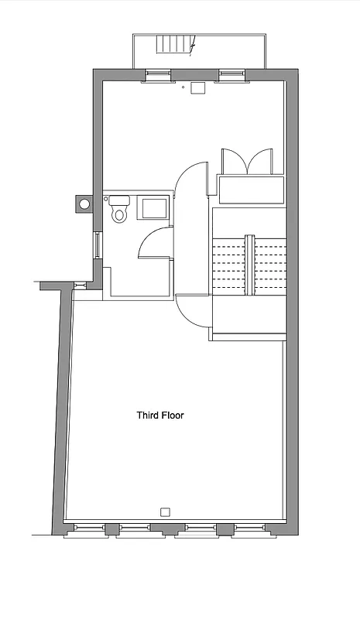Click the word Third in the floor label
tap(148, 416)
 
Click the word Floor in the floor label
tap(173, 416)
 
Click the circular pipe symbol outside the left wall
tap(84, 203)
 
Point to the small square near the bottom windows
tap(165, 511)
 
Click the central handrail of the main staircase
tap(249, 265)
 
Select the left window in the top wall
tap(158, 75)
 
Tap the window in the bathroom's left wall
tap(97, 245)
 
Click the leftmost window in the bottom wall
tap(85, 530)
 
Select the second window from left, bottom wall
tap(134, 530)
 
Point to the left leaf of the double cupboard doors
tap(234, 162)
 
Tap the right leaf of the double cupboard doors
tap(259, 162)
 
